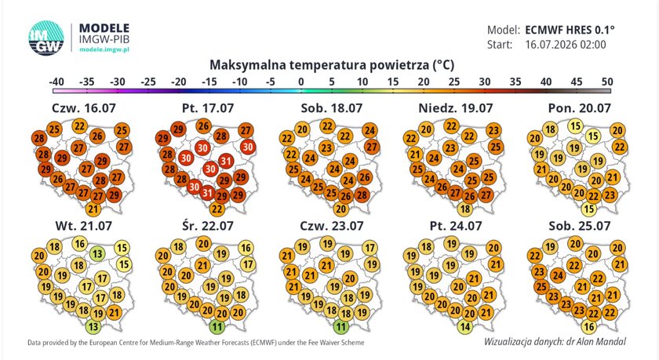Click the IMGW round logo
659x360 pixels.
point(46,38)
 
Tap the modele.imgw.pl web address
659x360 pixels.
point(104,49)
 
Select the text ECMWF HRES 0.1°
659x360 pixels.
point(570,31)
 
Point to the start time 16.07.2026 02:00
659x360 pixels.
point(566,45)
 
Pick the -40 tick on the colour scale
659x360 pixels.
point(56,82)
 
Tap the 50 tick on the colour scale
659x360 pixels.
point(607,82)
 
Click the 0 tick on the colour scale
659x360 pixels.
point(301,82)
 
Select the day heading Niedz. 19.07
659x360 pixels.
point(455,108)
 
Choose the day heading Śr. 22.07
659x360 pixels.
point(208,226)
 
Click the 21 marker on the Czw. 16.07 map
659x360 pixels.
point(93,209)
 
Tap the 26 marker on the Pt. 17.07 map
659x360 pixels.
point(204,125)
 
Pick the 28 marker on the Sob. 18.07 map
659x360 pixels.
point(362,195)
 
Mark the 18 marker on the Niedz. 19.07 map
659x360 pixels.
point(464,209)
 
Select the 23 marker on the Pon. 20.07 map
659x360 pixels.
point(610,195)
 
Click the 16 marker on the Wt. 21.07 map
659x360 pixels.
point(80,243)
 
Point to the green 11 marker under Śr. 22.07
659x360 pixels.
point(217,326)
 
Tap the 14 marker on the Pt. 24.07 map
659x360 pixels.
point(464,326)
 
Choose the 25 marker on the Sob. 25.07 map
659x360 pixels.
point(541,287)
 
